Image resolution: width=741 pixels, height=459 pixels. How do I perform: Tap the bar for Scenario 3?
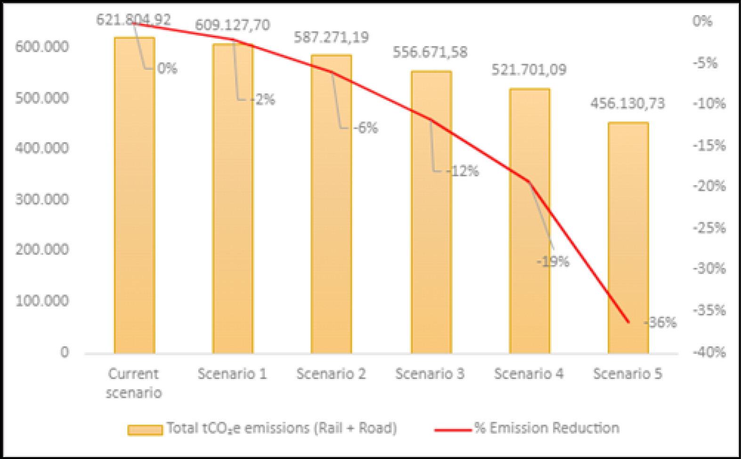[431, 212]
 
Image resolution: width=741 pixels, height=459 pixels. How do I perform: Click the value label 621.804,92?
[133, 20]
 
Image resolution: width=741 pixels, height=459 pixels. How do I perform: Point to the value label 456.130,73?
[627, 103]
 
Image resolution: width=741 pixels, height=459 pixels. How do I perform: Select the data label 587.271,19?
[331, 37]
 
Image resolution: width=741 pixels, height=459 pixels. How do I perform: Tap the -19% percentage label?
[553, 262]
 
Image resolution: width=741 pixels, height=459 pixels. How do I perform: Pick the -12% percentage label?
[464, 171]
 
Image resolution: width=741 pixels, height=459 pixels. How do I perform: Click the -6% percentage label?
[366, 128]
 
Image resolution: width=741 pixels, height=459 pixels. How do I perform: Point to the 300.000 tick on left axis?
[42, 199]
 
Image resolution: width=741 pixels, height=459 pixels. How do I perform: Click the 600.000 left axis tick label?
[42, 47]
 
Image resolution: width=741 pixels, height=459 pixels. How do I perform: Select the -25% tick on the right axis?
[709, 228]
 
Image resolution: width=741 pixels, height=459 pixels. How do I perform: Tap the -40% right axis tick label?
[709, 352]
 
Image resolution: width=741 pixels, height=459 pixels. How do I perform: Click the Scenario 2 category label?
[331, 374]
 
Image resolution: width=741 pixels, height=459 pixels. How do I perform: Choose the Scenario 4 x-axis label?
[529, 374]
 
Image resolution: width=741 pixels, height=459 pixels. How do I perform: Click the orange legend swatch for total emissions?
[145, 429]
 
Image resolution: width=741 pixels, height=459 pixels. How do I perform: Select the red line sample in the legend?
[453, 429]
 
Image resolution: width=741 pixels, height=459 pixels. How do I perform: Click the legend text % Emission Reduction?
[547, 428]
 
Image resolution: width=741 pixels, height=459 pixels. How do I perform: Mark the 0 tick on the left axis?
[65, 352]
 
